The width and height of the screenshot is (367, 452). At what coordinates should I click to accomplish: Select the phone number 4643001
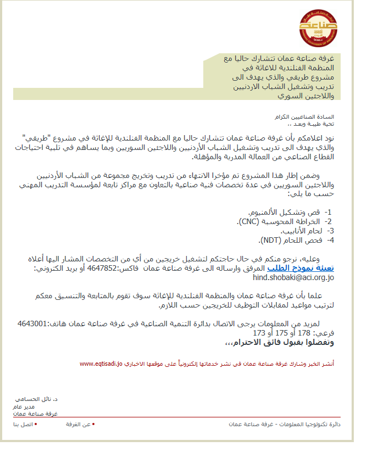point(34,324)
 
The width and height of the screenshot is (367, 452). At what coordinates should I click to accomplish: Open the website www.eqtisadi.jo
point(101,364)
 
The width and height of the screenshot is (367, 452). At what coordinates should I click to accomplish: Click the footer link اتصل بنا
point(24,425)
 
